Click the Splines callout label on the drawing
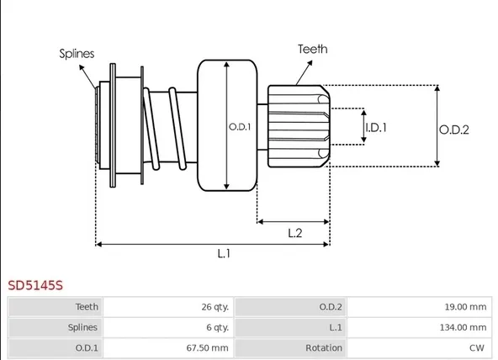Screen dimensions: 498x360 [77, 53]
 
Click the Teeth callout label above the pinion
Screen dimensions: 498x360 [313, 49]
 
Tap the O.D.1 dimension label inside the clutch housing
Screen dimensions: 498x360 [240, 127]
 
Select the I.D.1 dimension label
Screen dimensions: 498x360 [376, 128]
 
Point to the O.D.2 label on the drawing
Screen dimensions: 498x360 [454, 130]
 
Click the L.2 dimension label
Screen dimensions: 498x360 [295, 233]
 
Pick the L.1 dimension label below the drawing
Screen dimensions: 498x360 [224, 254]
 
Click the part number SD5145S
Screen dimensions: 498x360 [35, 285]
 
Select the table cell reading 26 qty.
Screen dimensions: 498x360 [168, 307]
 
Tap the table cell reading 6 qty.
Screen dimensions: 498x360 [168, 327]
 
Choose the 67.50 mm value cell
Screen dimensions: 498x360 [168, 348]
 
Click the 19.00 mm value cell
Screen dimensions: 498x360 [419, 307]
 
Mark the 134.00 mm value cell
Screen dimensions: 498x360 [419, 327]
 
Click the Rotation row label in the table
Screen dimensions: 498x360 [324, 348]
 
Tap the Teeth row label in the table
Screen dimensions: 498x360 [87, 307]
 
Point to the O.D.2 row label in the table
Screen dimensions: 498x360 [331, 307]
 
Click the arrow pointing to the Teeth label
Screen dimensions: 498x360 [304, 72]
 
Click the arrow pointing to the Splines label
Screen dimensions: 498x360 [87, 77]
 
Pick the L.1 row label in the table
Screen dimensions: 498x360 [336, 327]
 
